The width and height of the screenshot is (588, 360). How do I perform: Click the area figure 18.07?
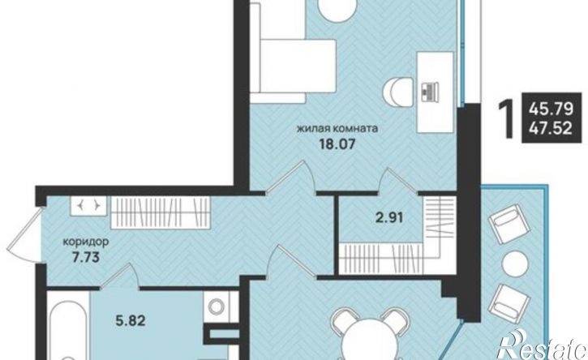click(x=337, y=144)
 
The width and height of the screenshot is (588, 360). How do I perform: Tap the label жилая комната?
click(x=337, y=129)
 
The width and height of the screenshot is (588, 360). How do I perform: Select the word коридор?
click(x=86, y=242)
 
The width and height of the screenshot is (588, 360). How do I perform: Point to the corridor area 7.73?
click(x=85, y=258)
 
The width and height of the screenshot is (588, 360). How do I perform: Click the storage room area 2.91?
click(x=389, y=217)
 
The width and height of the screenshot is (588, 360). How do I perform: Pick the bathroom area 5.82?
click(x=130, y=320)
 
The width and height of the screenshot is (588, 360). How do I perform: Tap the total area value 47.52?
click(x=551, y=129)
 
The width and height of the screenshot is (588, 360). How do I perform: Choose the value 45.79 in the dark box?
click(x=551, y=109)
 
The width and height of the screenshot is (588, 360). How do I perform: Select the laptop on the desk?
click(x=429, y=92)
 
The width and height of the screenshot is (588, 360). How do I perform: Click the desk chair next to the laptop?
click(x=397, y=92)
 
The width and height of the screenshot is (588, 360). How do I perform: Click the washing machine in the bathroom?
click(x=217, y=307)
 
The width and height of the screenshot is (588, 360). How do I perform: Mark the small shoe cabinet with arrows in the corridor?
click(x=88, y=205)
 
